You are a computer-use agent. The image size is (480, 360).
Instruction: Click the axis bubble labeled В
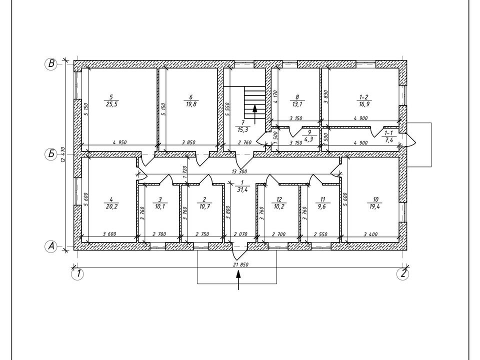click(51, 64)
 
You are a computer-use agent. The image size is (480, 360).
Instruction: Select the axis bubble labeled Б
click(51, 153)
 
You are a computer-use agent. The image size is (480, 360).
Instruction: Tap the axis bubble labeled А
click(51, 246)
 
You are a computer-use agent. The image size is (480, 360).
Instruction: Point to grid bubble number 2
click(403, 273)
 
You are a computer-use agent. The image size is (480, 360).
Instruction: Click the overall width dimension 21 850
click(240, 264)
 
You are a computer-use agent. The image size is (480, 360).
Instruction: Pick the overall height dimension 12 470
click(63, 155)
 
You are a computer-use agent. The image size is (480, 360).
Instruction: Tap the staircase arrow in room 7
click(254, 113)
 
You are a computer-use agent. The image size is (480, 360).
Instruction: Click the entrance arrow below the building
click(238, 280)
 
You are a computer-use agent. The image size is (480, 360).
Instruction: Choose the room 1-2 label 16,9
click(363, 104)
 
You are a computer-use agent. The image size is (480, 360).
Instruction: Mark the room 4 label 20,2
click(111, 206)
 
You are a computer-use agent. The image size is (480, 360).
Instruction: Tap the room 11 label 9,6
click(322, 206)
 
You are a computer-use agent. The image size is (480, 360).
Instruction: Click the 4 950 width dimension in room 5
click(119, 142)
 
